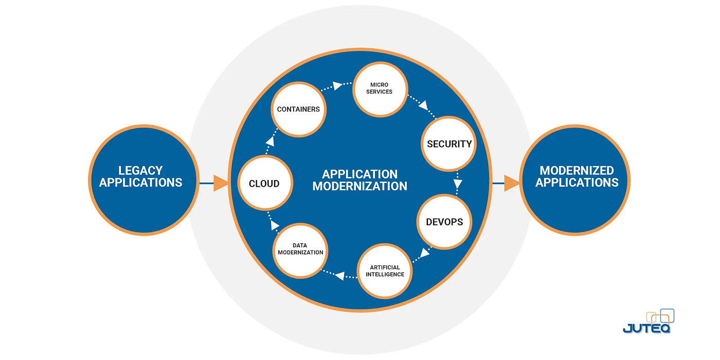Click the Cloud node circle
click(264, 184)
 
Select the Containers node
click(298, 109)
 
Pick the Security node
click(449, 144)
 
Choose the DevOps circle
click(444, 222)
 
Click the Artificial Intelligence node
click(385, 271)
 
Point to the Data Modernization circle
click(300, 249)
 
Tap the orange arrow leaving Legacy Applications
click(220, 183)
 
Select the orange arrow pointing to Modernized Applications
click(511, 183)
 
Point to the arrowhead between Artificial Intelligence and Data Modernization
click(339, 276)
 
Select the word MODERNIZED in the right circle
click(577, 170)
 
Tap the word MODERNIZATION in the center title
click(359, 186)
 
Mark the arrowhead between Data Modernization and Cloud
click(275, 225)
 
